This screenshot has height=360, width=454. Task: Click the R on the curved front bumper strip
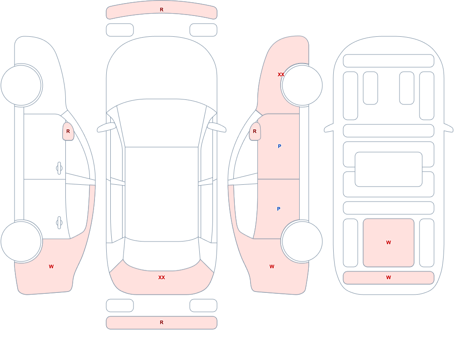tap(162, 10)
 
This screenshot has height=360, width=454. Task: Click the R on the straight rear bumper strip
tap(162, 322)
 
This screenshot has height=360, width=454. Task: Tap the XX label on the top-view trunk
tap(162, 277)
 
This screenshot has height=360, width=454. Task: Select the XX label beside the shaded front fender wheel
tap(281, 74)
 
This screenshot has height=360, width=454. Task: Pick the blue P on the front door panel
tap(279, 146)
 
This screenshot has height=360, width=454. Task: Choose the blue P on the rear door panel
tap(279, 209)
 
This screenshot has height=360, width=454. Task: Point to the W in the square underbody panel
tap(389, 242)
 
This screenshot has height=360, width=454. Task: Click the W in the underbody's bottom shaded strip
tap(389, 277)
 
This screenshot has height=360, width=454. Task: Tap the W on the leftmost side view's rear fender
tap(51, 266)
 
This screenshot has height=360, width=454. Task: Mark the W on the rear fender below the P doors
tap(272, 266)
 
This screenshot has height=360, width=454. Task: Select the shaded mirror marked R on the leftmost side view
tap(69, 132)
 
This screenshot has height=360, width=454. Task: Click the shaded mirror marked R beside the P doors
tap(255, 132)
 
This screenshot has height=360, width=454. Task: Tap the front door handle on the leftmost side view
tap(59, 168)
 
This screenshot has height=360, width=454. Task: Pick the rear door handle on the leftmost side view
tap(59, 223)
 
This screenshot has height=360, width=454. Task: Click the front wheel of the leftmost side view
tap(21, 85)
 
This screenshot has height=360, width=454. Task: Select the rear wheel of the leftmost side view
tap(21, 241)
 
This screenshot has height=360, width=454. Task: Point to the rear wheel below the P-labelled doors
tap(302, 241)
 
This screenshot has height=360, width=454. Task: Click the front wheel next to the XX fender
tap(302, 85)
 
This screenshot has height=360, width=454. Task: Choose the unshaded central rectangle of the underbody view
tap(389, 169)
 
